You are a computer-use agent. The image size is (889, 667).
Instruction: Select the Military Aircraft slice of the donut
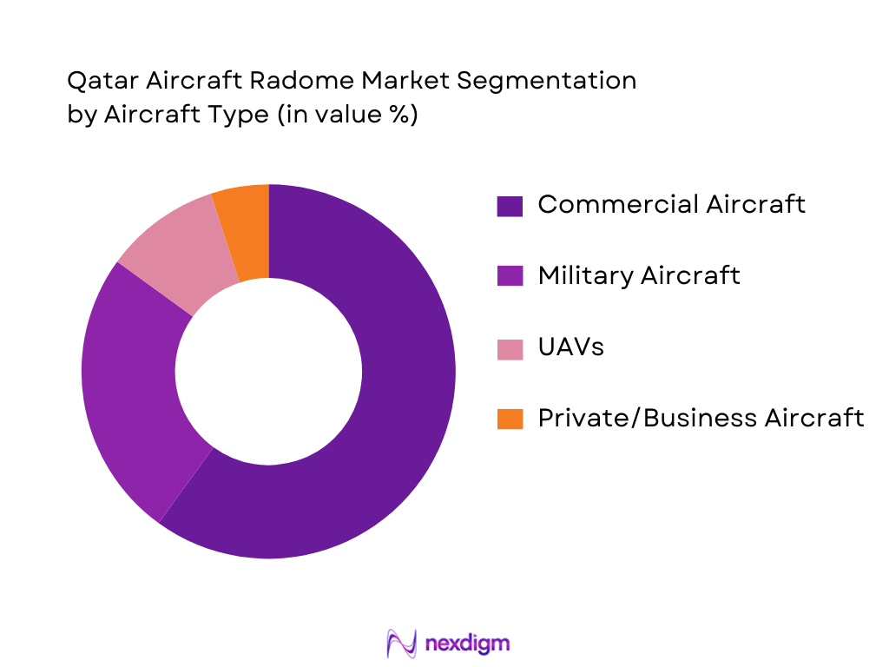click(x=130, y=382)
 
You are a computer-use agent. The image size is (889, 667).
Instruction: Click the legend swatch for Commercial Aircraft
click(x=510, y=206)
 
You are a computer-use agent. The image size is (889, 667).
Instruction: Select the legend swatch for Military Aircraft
click(x=510, y=277)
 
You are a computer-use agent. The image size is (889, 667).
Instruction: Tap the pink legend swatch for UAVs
click(x=510, y=348)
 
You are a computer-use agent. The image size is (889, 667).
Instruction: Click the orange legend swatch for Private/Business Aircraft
click(x=510, y=419)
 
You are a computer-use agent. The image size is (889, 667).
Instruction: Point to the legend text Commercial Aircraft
click(x=671, y=204)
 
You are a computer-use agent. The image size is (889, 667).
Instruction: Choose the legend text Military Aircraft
click(x=639, y=275)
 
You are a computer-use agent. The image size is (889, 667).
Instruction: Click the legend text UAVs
click(x=570, y=347)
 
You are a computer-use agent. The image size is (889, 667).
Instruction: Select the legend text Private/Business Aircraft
click(x=701, y=418)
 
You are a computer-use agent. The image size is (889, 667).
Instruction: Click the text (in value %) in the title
click(x=346, y=115)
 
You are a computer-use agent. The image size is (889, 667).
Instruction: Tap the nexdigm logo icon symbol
click(x=401, y=644)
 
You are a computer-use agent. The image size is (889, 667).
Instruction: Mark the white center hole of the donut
click(x=268, y=372)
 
